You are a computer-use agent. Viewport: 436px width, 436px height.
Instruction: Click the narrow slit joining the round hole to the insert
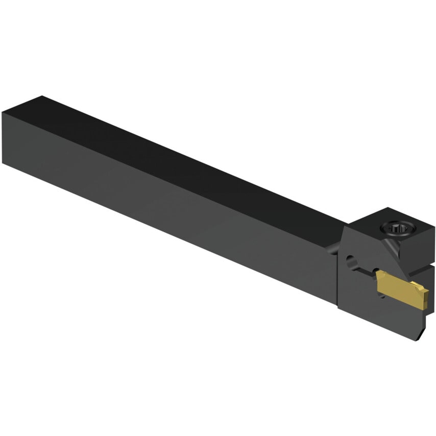[x=365, y=269]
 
